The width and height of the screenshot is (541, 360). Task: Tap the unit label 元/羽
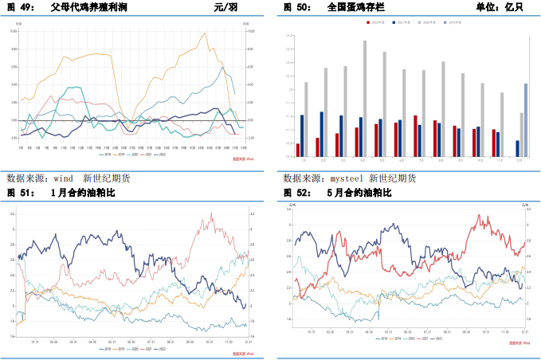(225, 7)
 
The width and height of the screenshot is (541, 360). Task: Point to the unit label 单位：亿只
(499, 7)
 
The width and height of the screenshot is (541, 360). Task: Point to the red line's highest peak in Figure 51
(212, 214)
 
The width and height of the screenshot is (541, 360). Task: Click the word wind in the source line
(63, 178)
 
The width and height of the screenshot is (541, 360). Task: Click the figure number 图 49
(19, 7)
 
